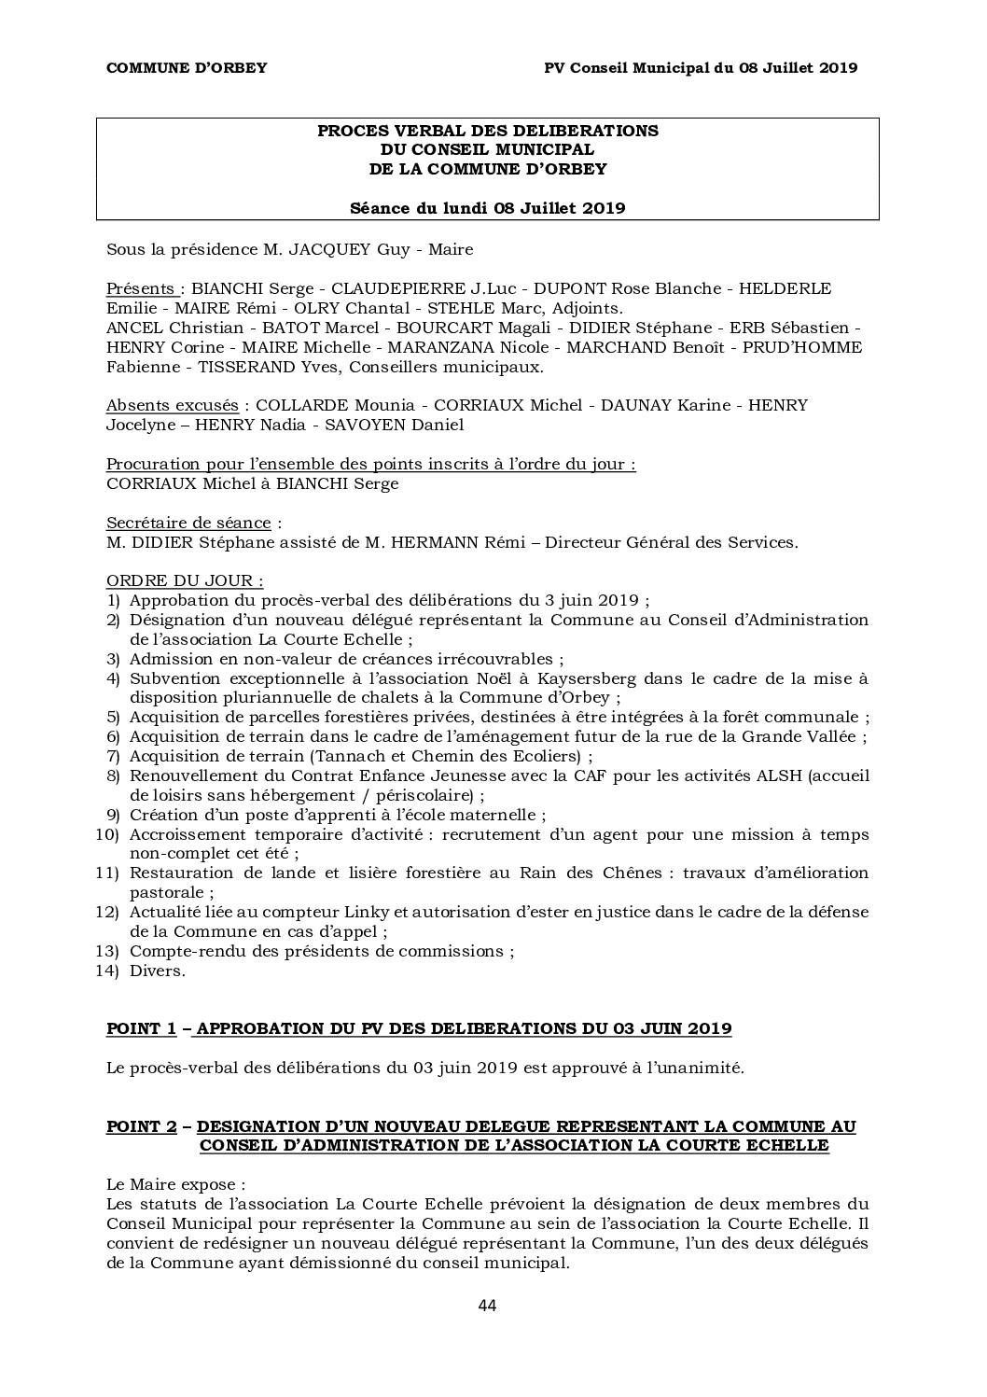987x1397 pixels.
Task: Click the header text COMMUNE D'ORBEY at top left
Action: click(x=187, y=68)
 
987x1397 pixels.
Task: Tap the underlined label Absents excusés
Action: click(x=172, y=405)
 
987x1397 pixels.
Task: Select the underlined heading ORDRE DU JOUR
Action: click(x=184, y=580)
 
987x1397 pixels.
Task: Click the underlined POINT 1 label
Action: click(x=141, y=1028)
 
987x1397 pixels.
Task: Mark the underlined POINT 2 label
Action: click(x=141, y=1126)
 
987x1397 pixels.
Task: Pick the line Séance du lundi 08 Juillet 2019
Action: click(x=487, y=208)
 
